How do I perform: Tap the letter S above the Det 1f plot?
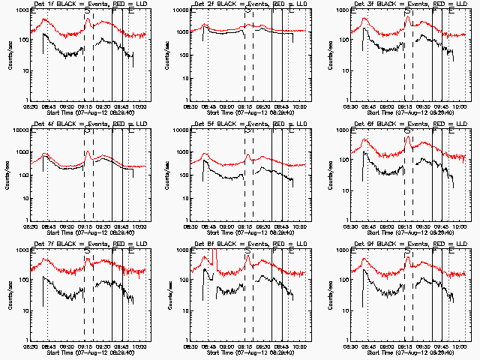click(x=88, y=12)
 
